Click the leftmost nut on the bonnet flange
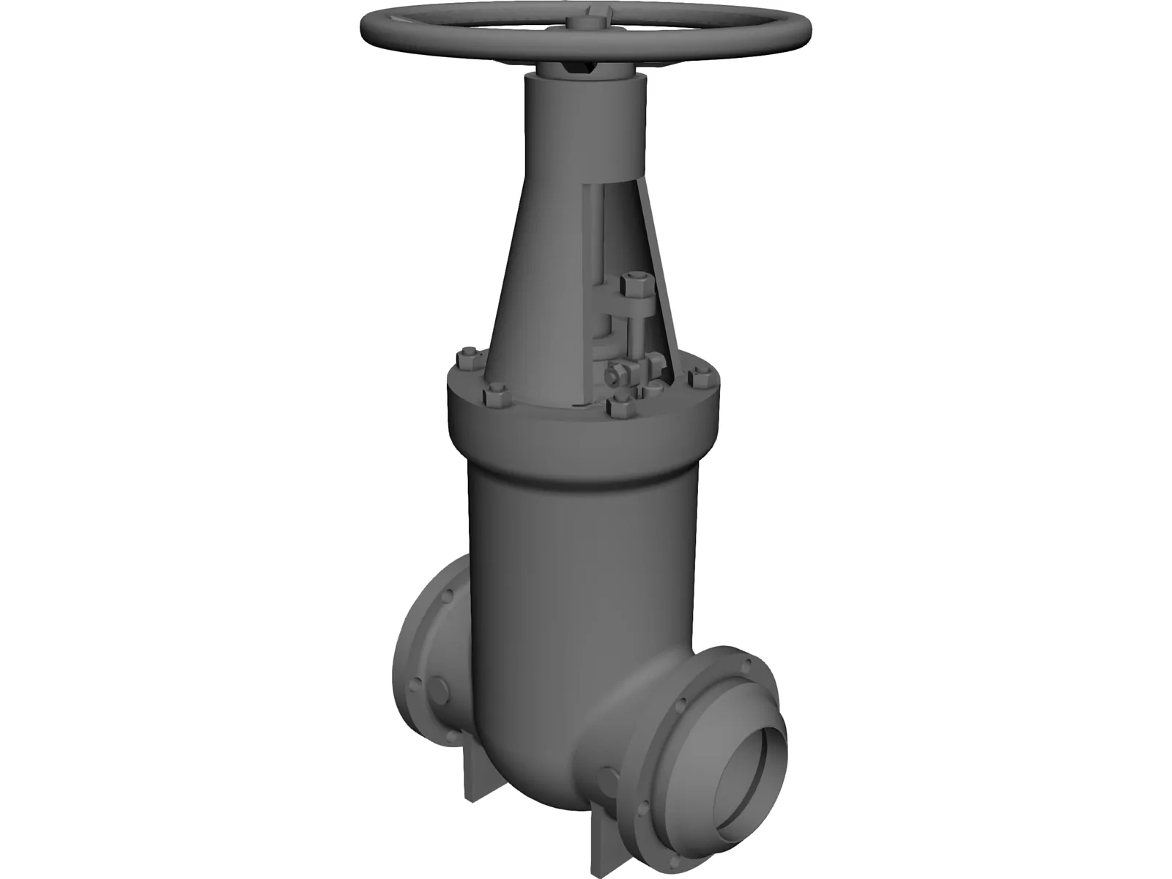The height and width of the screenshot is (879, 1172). click(467, 360)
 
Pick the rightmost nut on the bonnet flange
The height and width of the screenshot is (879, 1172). click(702, 379)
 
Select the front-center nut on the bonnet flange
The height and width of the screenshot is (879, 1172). click(621, 407)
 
